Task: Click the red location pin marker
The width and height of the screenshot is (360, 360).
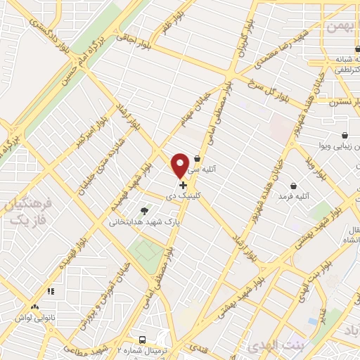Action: point(181,165)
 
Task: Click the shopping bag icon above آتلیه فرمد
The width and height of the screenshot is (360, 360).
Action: point(293,186)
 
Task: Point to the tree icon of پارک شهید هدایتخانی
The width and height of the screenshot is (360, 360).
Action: point(145,210)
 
